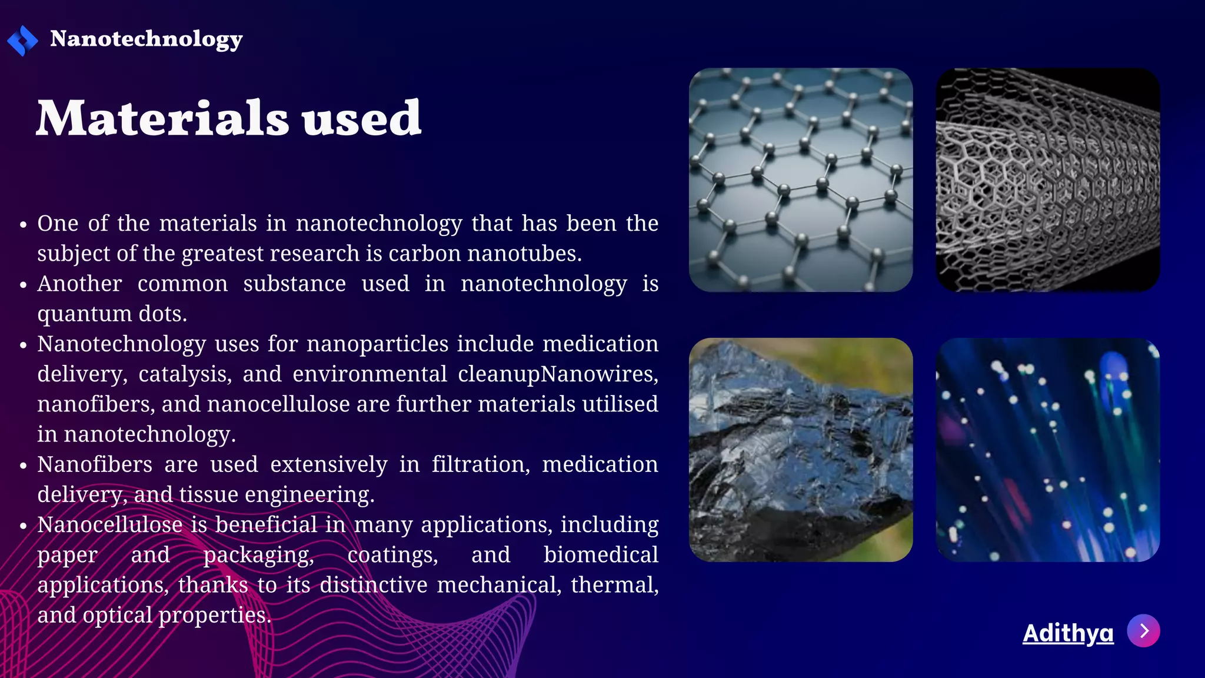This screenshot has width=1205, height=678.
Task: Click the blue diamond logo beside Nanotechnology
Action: pyautogui.click(x=22, y=40)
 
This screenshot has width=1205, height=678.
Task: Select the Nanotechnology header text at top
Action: pyautogui.click(x=146, y=39)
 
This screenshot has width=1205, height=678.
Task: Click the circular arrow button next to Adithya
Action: pyautogui.click(x=1143, y=631)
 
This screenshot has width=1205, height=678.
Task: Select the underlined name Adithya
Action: pyautogui.click(x=1068, y=633)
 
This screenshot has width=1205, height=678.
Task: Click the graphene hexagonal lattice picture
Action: pyautogui.click(x=801, y=180)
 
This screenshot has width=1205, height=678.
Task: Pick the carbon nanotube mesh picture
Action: pyautogui.click(x=1047, y=180)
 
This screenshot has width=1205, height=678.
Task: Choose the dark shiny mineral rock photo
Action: pyautogui.click(x=801, y=450)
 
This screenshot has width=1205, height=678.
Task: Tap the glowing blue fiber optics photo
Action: pyautogui.click(x=1047, y=450)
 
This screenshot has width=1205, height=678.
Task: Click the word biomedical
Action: pyautogui.click(x=600, y=555)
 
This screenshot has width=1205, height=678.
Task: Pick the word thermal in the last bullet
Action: pyautogui.click(x=614, y=585)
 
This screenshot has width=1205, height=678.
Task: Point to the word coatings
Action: pyautogui.click(x=392, y=555)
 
